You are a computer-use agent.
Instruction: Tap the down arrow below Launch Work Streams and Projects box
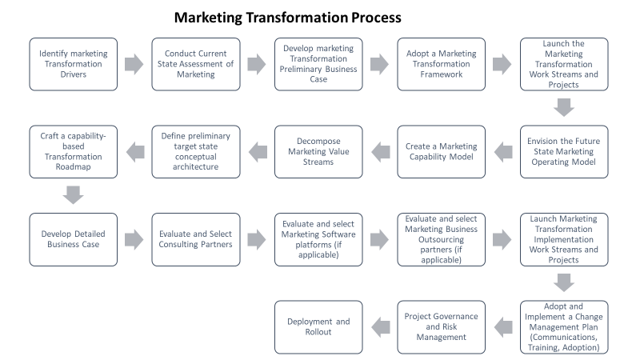564,107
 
